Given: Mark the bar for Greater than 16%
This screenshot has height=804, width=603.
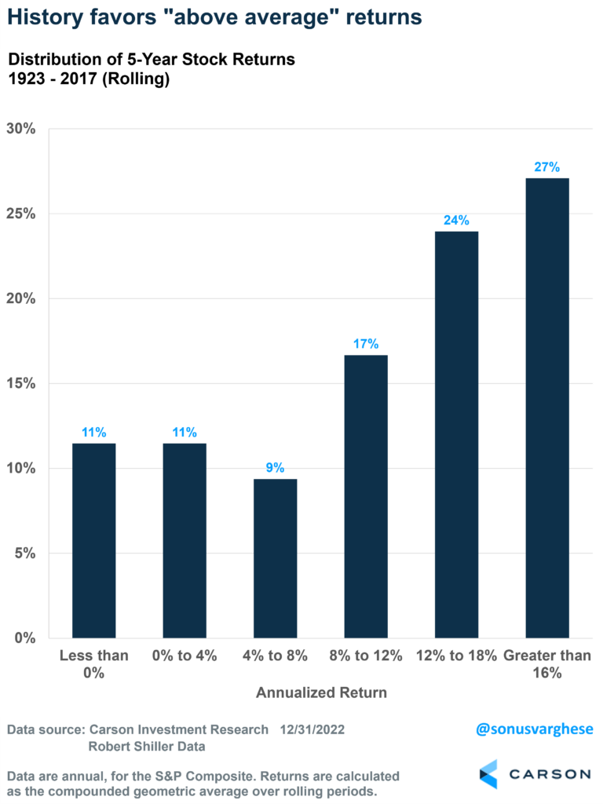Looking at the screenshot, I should [x=547, y=407].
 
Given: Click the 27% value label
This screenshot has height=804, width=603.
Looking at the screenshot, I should [x=547, y=166].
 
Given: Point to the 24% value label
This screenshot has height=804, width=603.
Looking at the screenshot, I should [x=456, y=220].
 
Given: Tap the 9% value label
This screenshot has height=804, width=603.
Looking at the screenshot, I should [x=275, y=467].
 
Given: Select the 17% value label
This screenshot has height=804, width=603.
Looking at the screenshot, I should [x=366, y=343].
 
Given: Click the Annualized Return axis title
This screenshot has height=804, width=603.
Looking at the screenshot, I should [x=321, y=693].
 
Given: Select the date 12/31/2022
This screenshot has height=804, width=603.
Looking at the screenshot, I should [x=312, y=729].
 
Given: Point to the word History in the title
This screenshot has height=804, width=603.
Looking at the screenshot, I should [x=48, y=17].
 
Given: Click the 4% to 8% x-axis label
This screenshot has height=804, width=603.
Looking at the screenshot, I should [x=275, y=655].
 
